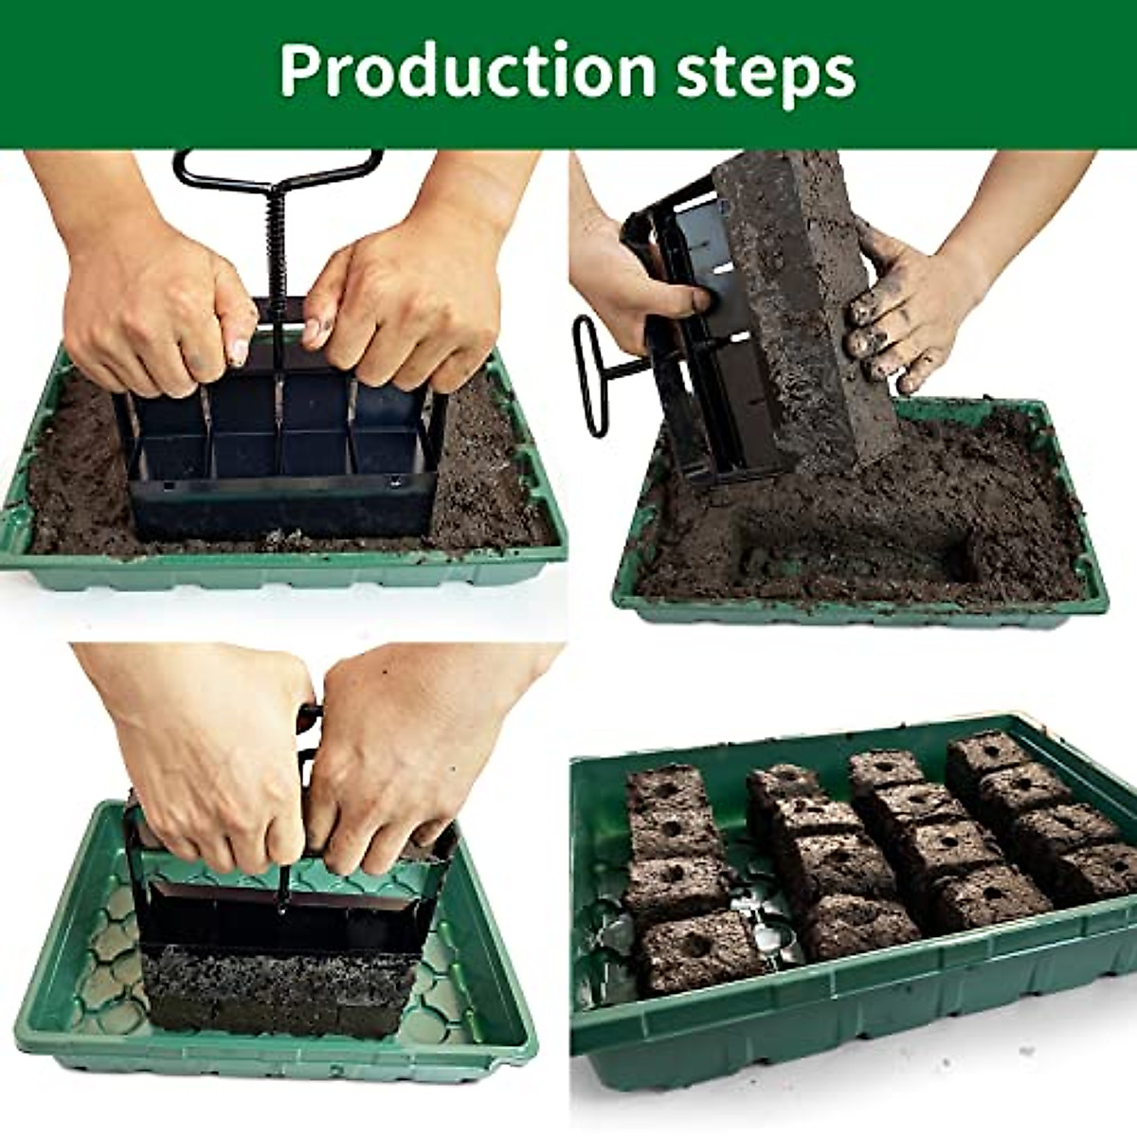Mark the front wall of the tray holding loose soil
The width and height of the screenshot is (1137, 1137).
284,572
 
